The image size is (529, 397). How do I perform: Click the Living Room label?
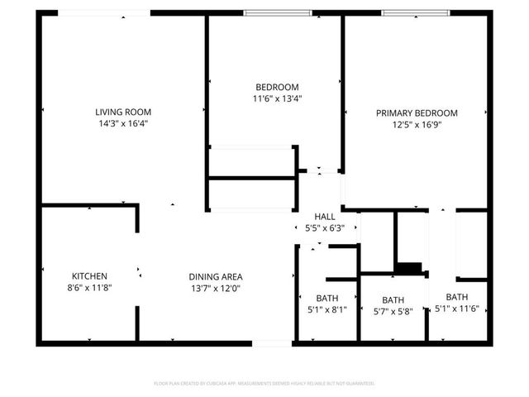(123, 112)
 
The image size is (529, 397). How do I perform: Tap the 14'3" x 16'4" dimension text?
(123, 123)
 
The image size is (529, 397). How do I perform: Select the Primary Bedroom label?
(417, 112)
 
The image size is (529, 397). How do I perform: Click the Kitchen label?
(89, 276)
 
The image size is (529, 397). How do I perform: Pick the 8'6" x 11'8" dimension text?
(89, 288)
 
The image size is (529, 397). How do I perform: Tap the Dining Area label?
(215, 277)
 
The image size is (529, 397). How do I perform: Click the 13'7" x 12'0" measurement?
(215, 289)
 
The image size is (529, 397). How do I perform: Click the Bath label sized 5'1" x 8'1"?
(326, 299)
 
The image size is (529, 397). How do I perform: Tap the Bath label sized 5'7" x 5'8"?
(393, 300)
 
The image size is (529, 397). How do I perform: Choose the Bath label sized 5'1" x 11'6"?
(457, 297)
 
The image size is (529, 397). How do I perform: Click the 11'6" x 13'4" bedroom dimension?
(276, 98)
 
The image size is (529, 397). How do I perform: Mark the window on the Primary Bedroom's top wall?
(416, 13)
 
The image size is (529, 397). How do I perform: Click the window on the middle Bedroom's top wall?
(278, 13)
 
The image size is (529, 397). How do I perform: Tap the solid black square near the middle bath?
(408, 268)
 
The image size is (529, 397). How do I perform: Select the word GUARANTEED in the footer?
(357, 384)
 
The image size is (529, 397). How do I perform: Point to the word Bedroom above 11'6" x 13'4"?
(276, 87)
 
